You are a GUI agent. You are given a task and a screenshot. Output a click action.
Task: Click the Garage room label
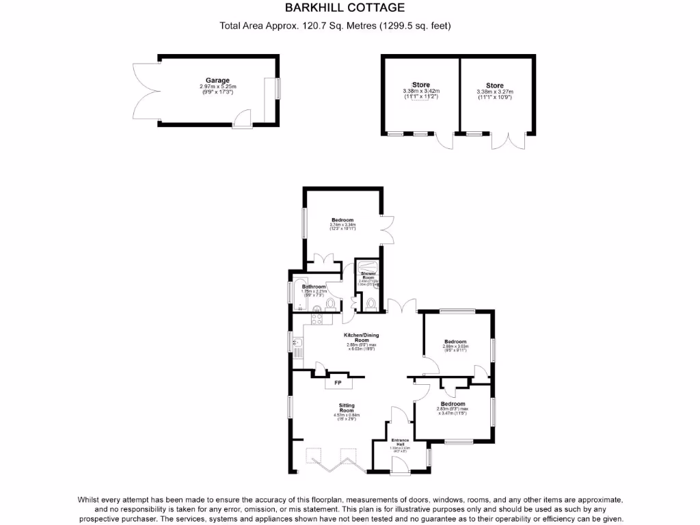[x=217, y=80]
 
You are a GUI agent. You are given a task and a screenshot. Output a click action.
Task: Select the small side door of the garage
[x=241, y=120]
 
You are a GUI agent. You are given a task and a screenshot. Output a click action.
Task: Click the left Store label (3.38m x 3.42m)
[x=420, y=85]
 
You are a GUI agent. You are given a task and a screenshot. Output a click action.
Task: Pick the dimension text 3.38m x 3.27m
[x=494, y=92]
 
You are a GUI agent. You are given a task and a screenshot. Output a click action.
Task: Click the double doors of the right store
[x=509, y=140]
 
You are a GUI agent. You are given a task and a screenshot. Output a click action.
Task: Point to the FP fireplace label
[x=337, y=383]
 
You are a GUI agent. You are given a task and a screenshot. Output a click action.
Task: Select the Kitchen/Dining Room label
[x=362, y=337]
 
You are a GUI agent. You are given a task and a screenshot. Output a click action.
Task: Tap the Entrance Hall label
[x=399, y=442]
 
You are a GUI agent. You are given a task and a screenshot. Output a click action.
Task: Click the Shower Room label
[x=368, y=275]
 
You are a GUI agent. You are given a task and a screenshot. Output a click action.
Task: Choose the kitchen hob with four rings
[x=317, y=315]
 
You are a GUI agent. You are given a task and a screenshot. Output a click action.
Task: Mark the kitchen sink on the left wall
[x=297, y=343]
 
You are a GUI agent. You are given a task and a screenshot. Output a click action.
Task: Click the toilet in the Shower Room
[x=371, y=303]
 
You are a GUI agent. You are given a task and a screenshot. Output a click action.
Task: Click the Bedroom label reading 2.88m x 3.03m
[x=455, y=342]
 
